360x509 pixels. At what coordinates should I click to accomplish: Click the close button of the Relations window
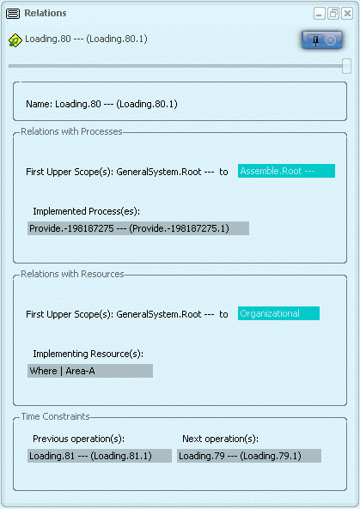click(x=347, y=14)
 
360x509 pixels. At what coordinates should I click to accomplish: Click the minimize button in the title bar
click(x=320, y=14)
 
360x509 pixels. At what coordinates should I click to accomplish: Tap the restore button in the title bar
click(x=333, y=14)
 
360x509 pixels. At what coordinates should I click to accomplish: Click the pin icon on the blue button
click(x=315, y=40)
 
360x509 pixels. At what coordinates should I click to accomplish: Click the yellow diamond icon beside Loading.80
click(x=15, y=40)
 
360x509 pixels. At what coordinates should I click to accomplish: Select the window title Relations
click(x=46, y=13)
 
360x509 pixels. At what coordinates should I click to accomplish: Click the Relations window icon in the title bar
click(x=13, y=14)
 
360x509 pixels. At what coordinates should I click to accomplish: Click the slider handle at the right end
click(x=346, y=66)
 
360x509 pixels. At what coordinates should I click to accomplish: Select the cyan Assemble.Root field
click(x=286, y=171)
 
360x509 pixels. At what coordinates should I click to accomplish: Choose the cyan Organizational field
click(x=278, y=313)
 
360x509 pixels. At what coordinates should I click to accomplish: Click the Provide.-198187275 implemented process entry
click(x=138, y=228)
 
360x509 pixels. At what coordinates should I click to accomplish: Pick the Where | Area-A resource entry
click(x=90, y=371)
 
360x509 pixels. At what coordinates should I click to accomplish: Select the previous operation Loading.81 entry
click(x=100, y=456)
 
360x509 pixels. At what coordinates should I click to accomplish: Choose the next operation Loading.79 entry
click(x=249, y=456)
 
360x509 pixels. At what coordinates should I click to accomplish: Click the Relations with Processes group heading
click(x=71, y=131)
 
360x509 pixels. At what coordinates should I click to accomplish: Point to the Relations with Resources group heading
click(x=72, y=274)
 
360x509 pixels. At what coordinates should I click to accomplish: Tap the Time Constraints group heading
click(x=55, y=416)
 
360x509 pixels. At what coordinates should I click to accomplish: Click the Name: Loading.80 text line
click(x=101, y=104)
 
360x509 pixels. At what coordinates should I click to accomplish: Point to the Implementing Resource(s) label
click(x=88, y=354)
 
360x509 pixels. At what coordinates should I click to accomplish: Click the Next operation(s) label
click(x=220, y=439)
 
